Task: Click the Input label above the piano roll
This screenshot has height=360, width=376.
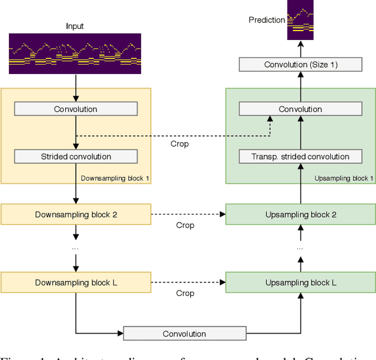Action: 75,26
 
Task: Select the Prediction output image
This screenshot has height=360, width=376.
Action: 300,20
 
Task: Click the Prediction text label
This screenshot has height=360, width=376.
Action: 267,20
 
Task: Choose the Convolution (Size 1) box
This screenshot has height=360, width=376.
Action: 301,65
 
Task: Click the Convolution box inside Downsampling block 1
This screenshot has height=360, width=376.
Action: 75,109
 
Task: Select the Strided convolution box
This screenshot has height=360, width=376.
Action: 75,157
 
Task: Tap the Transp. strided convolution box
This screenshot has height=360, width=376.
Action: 300,157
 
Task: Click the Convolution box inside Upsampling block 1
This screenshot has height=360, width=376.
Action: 300,109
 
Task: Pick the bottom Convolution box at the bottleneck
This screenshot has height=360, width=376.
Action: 184,334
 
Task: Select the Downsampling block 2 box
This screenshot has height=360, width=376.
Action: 76,214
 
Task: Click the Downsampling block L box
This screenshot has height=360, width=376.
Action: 76,282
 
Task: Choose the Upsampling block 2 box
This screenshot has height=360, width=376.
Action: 301,214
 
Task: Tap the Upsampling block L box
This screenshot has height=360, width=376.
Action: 301,282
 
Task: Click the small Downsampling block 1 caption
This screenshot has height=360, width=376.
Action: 114,178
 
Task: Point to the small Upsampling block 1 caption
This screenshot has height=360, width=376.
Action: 344,178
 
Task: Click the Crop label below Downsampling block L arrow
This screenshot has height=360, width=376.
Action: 185,293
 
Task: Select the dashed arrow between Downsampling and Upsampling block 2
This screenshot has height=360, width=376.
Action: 188,214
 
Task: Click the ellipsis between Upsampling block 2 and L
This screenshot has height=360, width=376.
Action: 300,248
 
